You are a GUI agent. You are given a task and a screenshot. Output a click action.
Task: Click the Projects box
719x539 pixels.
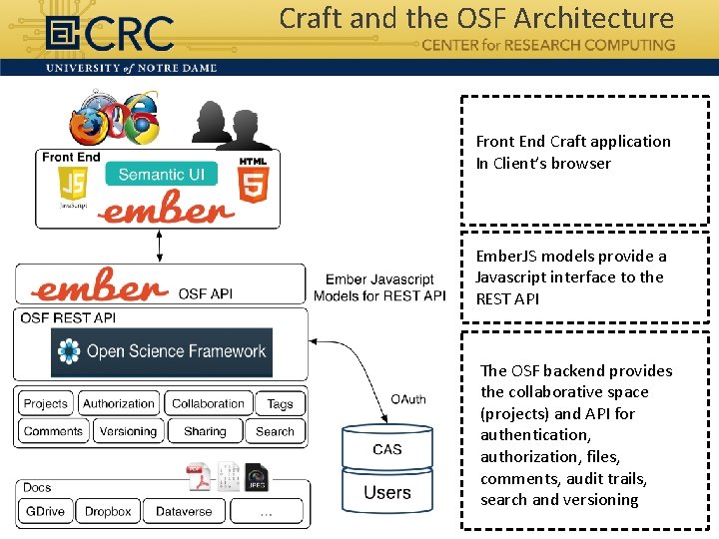[45, 404]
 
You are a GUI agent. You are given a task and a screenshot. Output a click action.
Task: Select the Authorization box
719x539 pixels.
[119, 404]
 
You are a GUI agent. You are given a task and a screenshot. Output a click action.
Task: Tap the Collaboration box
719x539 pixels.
[208, 404]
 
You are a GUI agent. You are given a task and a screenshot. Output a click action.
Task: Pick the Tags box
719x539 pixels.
[281, 404]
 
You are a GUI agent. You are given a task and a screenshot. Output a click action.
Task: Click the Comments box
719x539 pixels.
[53, 432]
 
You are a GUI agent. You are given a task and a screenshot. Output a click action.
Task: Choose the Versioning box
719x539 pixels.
[128, 432]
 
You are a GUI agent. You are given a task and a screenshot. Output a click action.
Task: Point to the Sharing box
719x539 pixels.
[205, 432]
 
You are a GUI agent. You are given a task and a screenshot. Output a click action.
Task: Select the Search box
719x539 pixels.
[275, 432]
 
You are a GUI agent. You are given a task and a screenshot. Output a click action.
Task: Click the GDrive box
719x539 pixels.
[45, 511]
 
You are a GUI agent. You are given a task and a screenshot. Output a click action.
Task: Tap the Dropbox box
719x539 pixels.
[108, 511]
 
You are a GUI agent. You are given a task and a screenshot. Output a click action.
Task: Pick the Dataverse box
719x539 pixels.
[184, 511]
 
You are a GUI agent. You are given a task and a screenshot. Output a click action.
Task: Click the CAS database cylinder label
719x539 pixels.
[387, 449]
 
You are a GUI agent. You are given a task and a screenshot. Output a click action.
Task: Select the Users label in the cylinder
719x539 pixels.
[387, 492]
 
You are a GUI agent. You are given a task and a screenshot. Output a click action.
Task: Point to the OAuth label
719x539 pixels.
[407, 399]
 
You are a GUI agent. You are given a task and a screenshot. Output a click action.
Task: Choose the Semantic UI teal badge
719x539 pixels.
[161, 175]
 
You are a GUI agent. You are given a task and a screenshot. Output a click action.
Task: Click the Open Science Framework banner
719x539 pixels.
[162, 351]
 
